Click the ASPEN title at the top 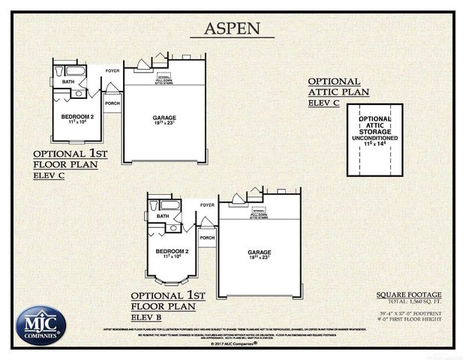[233, 29]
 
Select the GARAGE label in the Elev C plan [164, 118]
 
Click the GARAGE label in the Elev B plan [259, 252]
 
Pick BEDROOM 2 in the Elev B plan [172, 252]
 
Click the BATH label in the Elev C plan [68, 82]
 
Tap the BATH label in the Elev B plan [163, 216]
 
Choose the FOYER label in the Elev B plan [207, 204]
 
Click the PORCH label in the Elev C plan [112, 103]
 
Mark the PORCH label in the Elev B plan [207, 238]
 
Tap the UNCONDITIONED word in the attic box [374, 139]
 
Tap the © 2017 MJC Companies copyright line [233, 343]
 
